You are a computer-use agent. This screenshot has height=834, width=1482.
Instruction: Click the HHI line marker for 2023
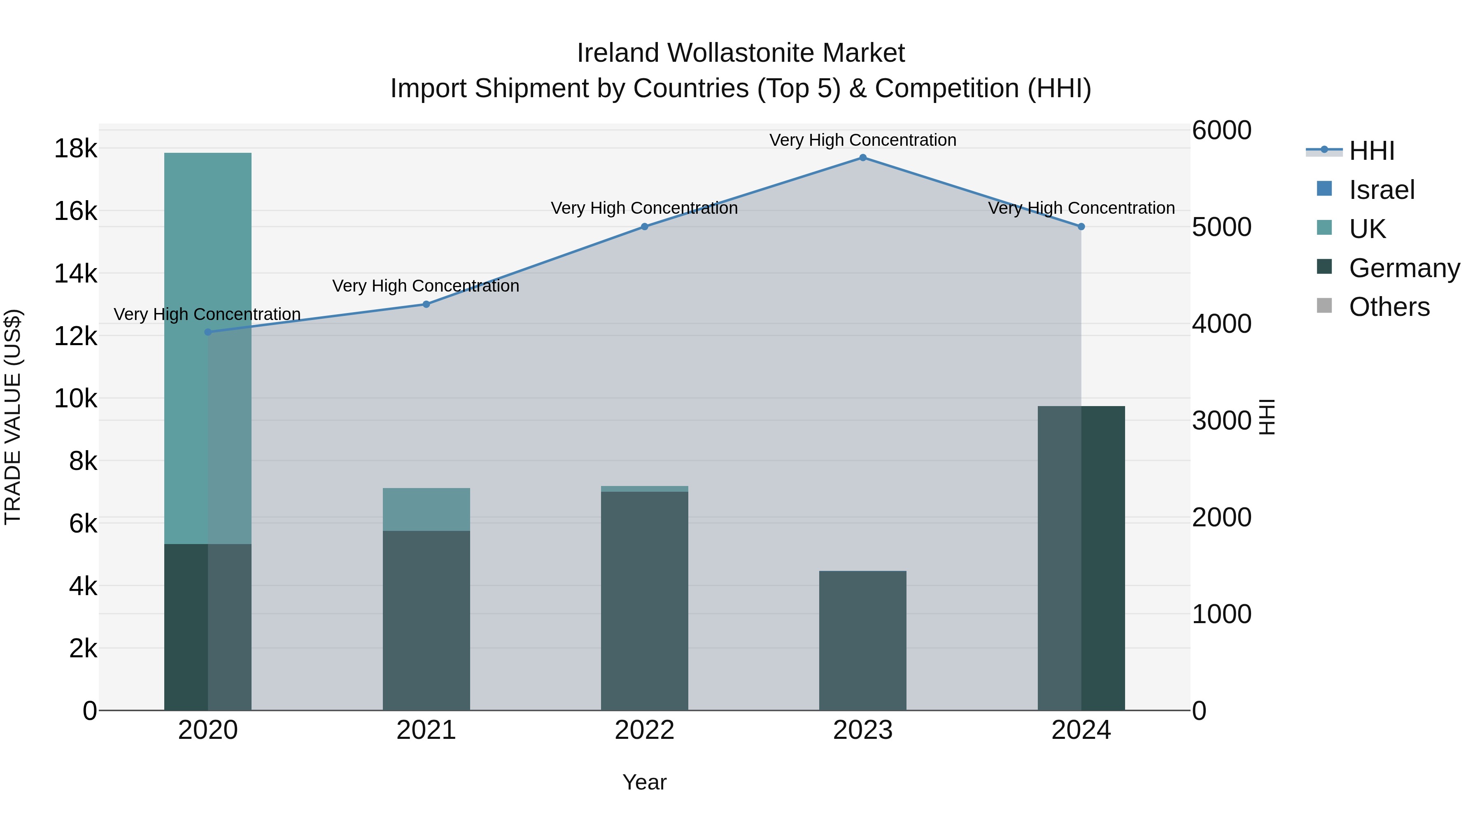(862, 158)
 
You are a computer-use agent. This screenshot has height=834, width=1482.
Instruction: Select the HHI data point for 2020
(208, 332)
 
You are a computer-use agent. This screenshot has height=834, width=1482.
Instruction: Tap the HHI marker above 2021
(426, 304)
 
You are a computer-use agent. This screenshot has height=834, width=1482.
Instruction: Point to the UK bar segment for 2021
(426, 509)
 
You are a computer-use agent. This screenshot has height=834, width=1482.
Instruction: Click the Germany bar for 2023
(862, 640)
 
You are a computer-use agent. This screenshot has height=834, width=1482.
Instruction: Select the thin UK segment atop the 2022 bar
(644, 488)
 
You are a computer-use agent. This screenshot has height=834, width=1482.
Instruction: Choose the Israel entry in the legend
(1381, 190)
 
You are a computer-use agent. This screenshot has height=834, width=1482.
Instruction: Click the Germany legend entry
(1404, 268)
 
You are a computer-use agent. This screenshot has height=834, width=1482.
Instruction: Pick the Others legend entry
(1389, 307)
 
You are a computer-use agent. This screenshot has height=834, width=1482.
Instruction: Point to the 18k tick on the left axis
(75, 149)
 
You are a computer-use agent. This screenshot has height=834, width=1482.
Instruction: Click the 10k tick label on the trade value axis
(75, 398)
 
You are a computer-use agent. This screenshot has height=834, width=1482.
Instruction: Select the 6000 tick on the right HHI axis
(1221, 130)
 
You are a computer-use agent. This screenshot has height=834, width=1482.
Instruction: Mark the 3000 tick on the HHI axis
(1221, 421)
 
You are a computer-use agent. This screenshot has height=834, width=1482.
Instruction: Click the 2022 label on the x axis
(644, 730)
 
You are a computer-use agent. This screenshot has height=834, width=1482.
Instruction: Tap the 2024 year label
(1081, 730)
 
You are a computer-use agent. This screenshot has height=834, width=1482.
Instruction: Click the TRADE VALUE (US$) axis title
(13, 417)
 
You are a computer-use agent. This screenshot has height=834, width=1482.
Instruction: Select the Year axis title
(644, 782)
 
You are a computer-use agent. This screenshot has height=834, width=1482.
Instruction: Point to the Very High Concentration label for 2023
(862, 140)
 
